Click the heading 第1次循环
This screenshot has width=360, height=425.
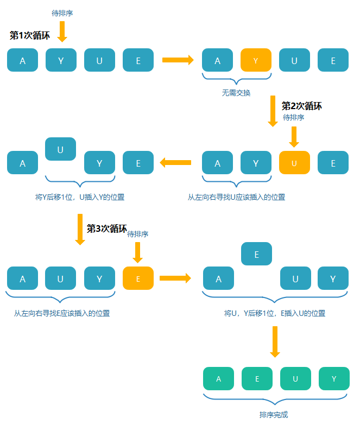coord(30,36)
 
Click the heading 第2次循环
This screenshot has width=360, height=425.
coord(301,106)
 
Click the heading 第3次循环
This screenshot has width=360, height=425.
coord(107,229)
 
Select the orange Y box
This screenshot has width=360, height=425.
coord(256,60)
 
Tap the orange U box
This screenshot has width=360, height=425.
coord(294,163)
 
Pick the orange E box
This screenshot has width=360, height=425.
coord(138,278)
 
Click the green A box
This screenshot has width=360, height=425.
coord(218,379)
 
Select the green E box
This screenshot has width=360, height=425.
coord(257,379)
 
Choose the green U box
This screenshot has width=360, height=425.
coord(295,379)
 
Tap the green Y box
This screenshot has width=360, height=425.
coord(333,379)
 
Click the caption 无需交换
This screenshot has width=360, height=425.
coord(236,93)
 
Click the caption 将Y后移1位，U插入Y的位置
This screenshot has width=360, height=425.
coord(80,197)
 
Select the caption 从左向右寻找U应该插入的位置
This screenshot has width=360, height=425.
coord(237,197)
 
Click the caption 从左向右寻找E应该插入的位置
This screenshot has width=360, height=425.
coord(62,313)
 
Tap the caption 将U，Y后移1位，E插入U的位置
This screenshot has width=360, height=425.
coord(275,313)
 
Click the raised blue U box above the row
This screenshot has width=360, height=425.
coord(60,149)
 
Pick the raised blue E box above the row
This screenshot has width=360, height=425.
coord(257,254)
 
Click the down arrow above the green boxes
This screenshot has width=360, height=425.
coord(275,342)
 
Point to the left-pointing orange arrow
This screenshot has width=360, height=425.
coord(175,162)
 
